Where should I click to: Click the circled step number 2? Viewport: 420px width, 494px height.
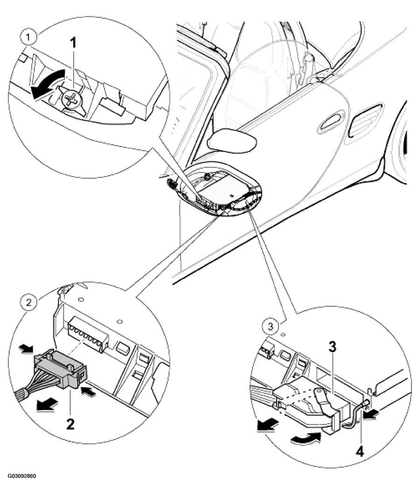tap(28, 303)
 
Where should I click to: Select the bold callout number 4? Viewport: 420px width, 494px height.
tap(359, 451)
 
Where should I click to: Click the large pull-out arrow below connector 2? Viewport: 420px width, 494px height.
tap(47, 404)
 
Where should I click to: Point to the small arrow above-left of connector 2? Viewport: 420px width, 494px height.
tap(26, 348)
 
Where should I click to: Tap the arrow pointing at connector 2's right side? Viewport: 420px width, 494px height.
tap(88, 392)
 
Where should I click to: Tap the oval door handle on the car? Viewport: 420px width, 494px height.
tap(331, 123)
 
